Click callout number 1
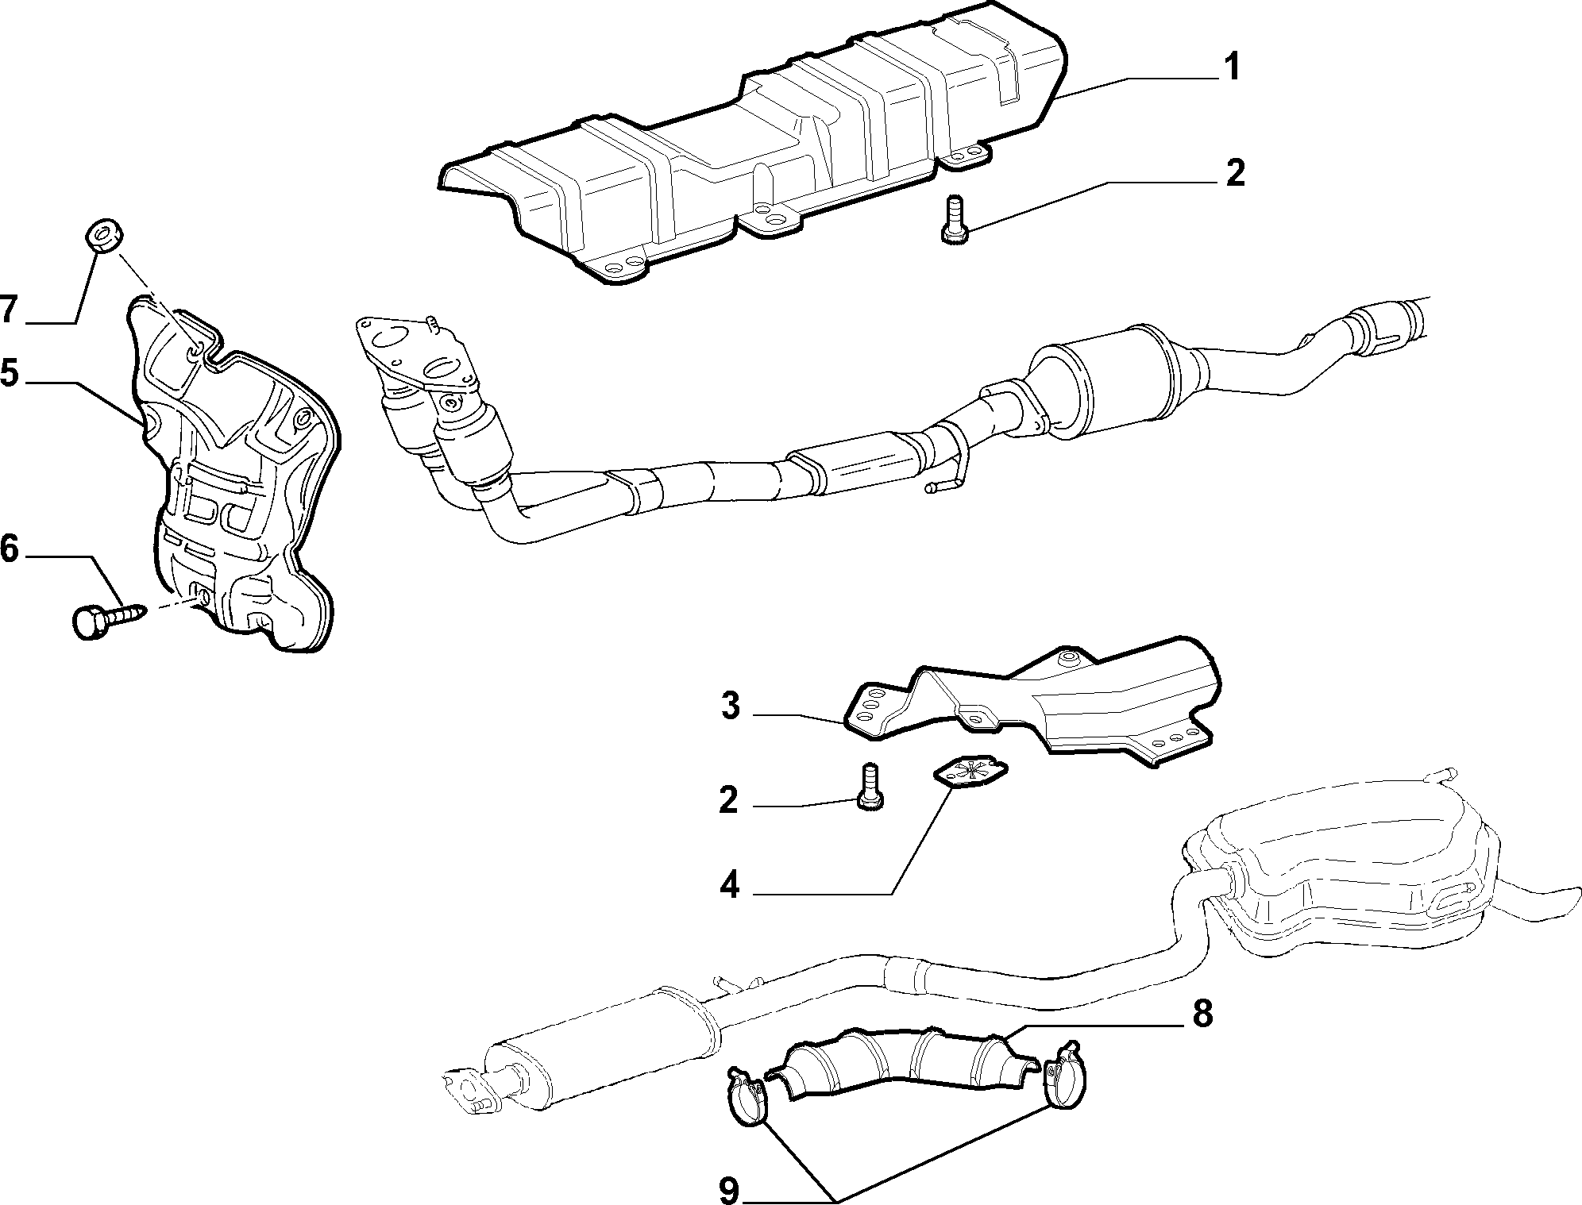pyautogui.click(x=1230, y=67)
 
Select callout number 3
pyautogui.click(x=731, y=705)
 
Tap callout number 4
pyautogui.click(x=729, y=885)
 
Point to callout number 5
pyautogui.click(x=9, y=373)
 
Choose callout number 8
pyautogui.click(x=1202, y=1014)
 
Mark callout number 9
pyautogui.click(x=729, y=1189)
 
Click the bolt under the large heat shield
pyautogui.click(x=952, y=217)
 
